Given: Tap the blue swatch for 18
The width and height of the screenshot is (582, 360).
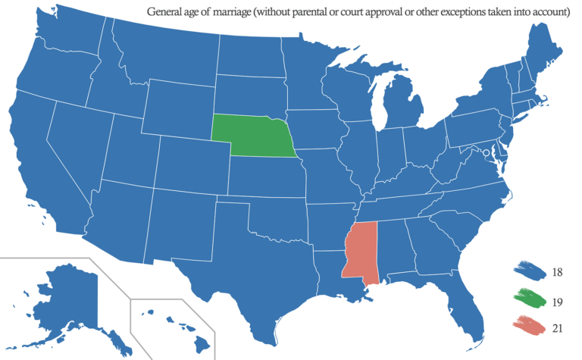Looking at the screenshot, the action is click(x=530, y=270).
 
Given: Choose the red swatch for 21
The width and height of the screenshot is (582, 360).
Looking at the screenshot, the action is click(x=530, y=326).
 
